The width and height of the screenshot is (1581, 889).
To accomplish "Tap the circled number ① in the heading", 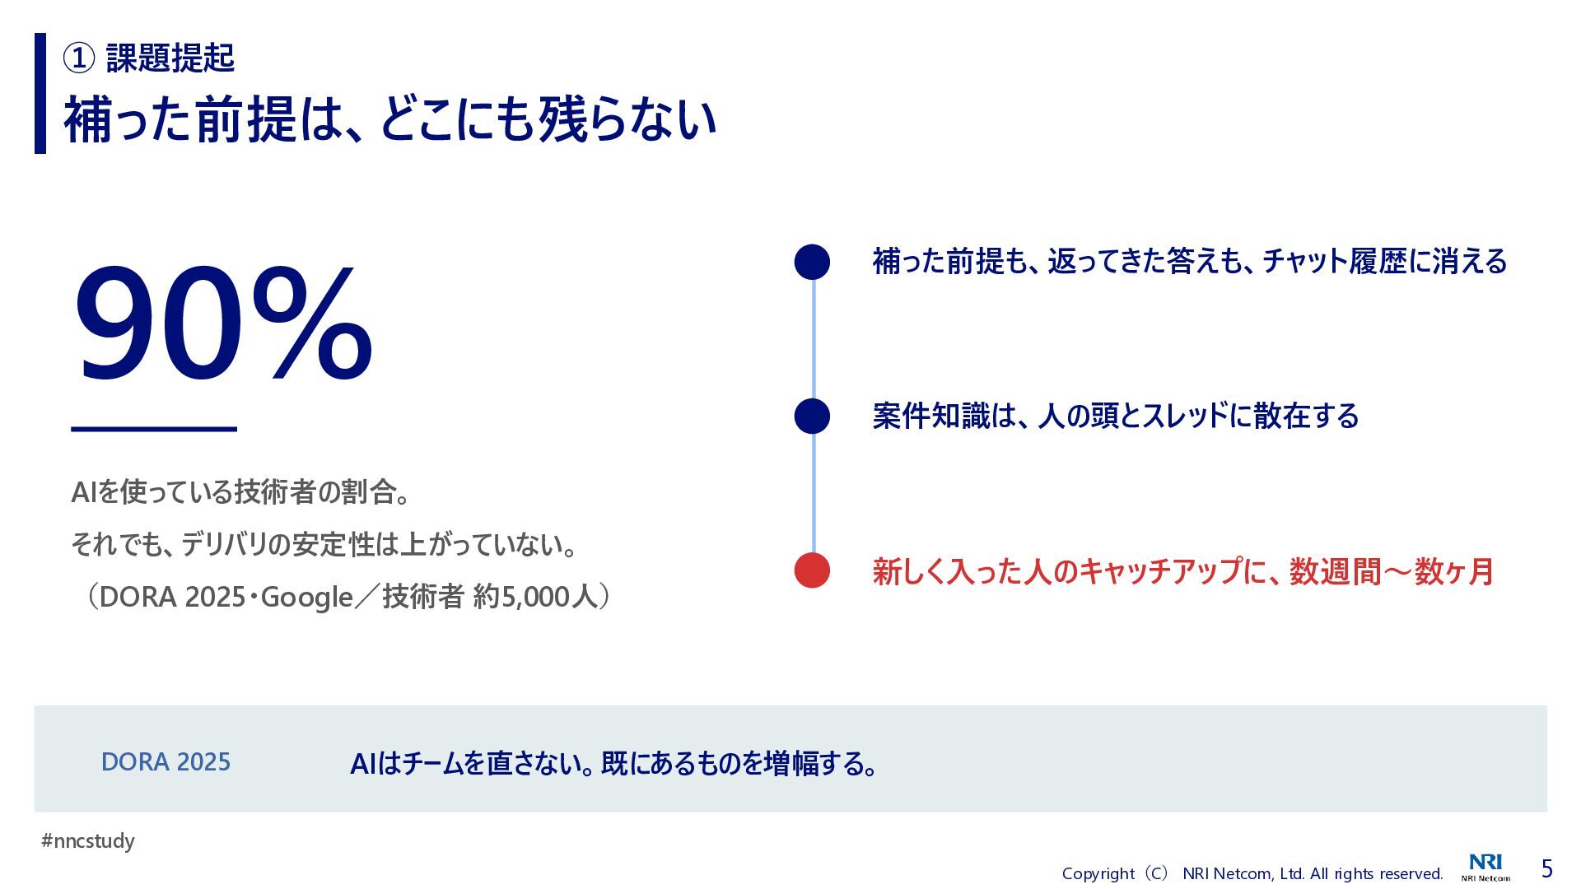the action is (79, 58).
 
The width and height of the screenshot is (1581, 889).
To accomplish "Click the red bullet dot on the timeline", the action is (812, 570).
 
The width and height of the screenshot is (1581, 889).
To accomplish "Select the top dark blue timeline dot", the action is (812, 262).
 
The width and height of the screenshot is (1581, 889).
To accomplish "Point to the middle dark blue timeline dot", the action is (812, 416).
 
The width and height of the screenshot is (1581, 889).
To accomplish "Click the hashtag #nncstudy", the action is (88, 841).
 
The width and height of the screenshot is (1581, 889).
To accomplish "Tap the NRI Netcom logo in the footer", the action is (1486, 868).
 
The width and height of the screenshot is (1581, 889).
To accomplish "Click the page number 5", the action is (1547, 868).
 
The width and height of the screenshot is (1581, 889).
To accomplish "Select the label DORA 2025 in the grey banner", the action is (166, 762).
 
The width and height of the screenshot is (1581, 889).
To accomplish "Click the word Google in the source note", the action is (307, 597).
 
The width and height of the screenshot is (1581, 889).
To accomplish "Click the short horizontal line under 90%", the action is (154, 429).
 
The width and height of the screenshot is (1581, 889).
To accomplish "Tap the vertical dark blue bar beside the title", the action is (40, 93).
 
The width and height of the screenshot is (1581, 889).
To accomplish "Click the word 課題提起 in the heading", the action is (170, 58).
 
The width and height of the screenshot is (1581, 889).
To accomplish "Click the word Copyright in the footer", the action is (1098, 873).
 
